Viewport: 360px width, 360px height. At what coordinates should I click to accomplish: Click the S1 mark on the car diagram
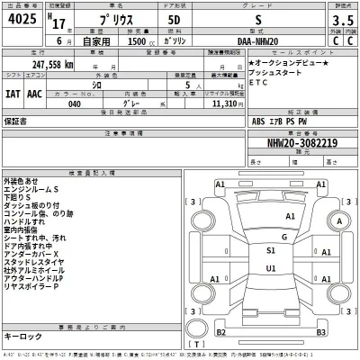tap(271, 249)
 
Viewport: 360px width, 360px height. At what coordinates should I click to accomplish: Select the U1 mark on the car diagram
tap(271, 267)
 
